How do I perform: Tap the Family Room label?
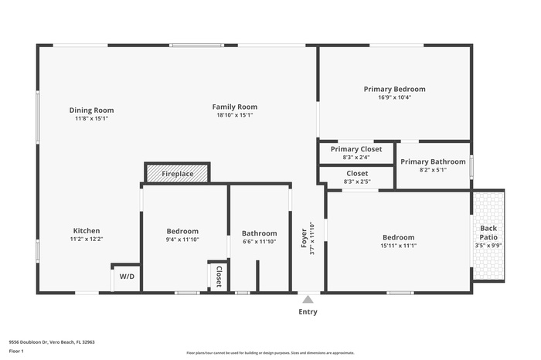pos(235,107)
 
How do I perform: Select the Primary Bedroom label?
pos(394,89)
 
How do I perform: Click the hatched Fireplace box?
pos(177,174)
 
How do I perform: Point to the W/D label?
pos(126,277)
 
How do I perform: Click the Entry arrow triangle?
pos(308,299)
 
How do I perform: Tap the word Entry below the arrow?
pos(308,312)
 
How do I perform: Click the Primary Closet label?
pos(356,149)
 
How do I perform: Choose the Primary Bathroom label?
pos(432,161)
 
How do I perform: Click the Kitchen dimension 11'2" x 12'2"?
pos(87,239)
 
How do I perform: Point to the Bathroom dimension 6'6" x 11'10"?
pos(259,242)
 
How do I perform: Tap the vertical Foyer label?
pos(304,236)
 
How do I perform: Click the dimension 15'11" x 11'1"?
pos(398,246)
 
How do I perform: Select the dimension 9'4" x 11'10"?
pos(182,239)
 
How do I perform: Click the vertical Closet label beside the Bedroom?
pos(219,277)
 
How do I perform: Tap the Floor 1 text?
pos(17,352)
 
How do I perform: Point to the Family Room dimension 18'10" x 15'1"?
pos(235,115)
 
